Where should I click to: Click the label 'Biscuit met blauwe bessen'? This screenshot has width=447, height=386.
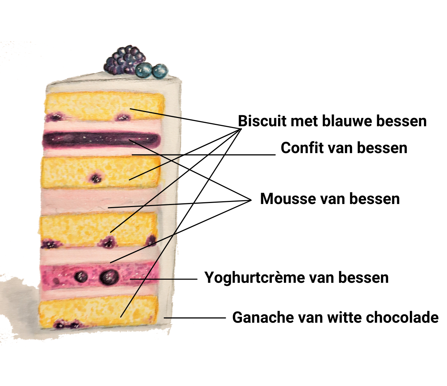click(x=332, y=121)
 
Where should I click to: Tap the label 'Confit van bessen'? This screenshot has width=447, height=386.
click(x=344, y=148)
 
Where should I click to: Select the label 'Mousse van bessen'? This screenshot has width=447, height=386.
click(x=330, y=199)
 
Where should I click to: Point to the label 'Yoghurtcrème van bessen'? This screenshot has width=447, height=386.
click(x=296, y=277)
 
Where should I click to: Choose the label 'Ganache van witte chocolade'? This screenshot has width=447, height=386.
click(x=335, y=317)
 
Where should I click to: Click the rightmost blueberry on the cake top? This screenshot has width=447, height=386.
click(x=160, y=71)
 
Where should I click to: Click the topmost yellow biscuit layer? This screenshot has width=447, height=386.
click(x=103, y=103)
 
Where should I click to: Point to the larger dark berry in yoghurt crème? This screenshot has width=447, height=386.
click(x=109, y=277)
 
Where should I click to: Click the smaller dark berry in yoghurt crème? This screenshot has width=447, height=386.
click(x=81, y=277)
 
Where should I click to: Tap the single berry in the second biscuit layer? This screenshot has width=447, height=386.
click(x=95, y=178)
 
